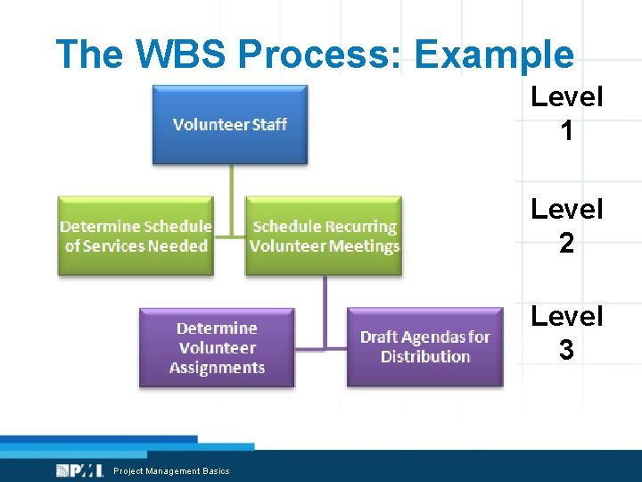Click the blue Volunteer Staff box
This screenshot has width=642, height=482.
[x=230, y=124]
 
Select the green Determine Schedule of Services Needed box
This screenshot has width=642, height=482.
[x=136, y=237]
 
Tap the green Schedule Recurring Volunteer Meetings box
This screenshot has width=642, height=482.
[x=324, y=237]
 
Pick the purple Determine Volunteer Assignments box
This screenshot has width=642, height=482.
[x=217, y=348]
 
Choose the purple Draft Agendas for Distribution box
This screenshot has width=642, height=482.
[x=424, y=347]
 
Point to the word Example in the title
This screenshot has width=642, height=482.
[x=494, y=54]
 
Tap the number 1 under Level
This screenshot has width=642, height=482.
[x=566, y=132]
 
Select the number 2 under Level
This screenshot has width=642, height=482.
[x=566, y=244]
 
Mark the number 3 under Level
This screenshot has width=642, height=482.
[x=566, y=351]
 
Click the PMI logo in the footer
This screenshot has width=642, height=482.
[x=79, y=470]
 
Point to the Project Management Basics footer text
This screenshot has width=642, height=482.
[x=171, y=471]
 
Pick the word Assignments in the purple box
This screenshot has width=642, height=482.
[x=217, y=368]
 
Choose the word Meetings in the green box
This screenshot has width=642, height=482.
[x=363, y=246]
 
